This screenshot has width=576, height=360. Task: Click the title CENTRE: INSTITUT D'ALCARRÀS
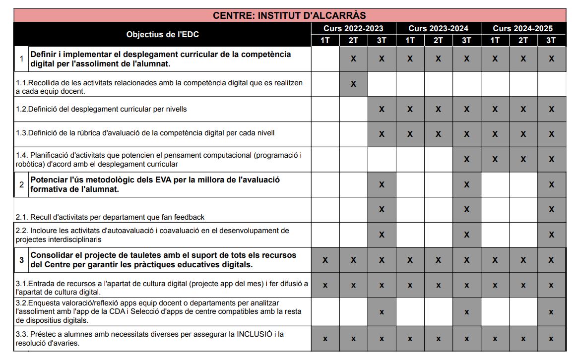tap(289, 15)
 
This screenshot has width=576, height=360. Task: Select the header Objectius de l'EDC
tap(162, 34)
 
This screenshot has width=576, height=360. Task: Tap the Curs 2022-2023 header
tap(353, 28)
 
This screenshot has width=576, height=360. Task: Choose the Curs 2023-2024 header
tap(438, 28)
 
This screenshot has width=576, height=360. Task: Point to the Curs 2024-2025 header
tap(522, 28)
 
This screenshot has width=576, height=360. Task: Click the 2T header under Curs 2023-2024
tap(438, 40)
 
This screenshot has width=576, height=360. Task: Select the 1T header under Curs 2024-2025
tap(495, 40)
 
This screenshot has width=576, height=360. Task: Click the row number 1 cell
tap(21, 59)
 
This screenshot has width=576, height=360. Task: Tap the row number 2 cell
tap(21, 184)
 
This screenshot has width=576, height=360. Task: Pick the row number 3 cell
tap(21, 260)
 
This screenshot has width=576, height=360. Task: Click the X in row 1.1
tap(353, 84)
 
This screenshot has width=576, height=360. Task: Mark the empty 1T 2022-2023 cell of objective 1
tap(325, 59)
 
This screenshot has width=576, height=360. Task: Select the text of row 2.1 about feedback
tap(110, 217)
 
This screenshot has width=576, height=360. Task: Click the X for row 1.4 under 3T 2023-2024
tap(466, 159)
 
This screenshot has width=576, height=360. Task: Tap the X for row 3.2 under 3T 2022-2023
tap(382, 312)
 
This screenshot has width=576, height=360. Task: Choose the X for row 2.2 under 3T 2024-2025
tap(551, 235)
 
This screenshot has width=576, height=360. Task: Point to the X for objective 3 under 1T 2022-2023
tap(325, 260)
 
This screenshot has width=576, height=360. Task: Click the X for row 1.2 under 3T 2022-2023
tap(382, 109)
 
